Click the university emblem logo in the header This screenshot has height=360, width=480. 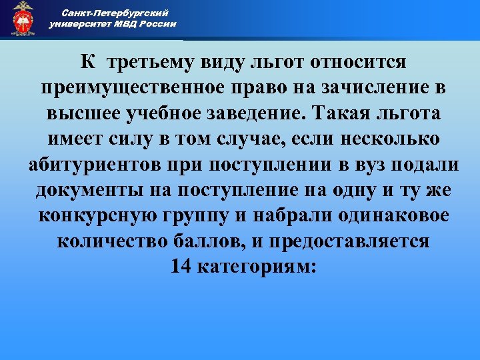coord(23,18)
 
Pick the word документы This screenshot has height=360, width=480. coord(85,189)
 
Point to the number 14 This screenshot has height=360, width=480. coord(180,266)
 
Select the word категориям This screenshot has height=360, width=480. coord(255,266)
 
